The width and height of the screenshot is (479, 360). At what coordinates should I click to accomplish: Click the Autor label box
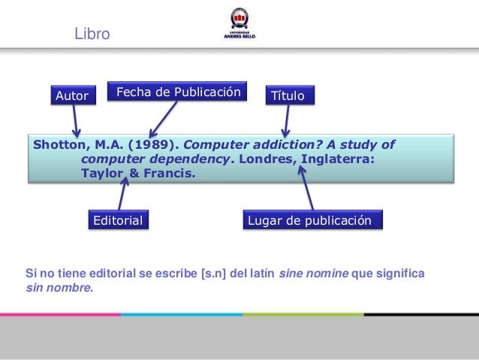[x=73, y=96]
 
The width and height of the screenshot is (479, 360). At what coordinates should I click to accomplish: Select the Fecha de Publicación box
[x=177, y=92]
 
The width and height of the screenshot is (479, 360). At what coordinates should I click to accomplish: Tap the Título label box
[x=288, y=96]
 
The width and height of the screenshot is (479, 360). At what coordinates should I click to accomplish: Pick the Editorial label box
[x=117, y=220]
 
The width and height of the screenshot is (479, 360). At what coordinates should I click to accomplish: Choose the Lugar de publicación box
[x=314, y=220]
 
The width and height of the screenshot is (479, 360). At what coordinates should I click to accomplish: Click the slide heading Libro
[x=92, y=35]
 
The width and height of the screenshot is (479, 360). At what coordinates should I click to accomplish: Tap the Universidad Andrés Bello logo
[x=239, y=24]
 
